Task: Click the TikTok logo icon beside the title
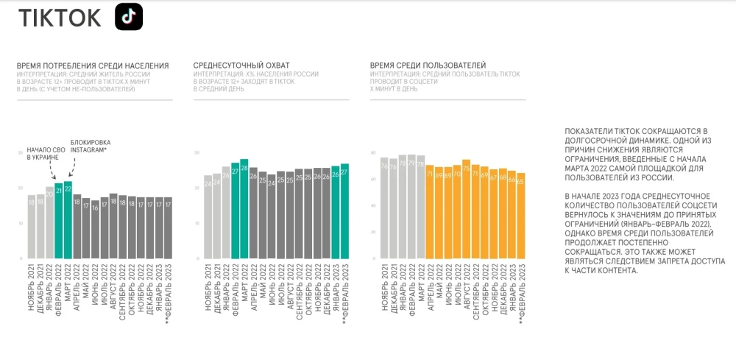(129, 17)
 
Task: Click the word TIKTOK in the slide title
(60, 18)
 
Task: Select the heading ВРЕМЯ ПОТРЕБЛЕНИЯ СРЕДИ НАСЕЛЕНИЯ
(93, 66)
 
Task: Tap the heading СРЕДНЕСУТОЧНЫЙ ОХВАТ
(241, 66)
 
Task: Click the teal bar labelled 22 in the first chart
(68, 220)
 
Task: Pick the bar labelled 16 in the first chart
(95, 230)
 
